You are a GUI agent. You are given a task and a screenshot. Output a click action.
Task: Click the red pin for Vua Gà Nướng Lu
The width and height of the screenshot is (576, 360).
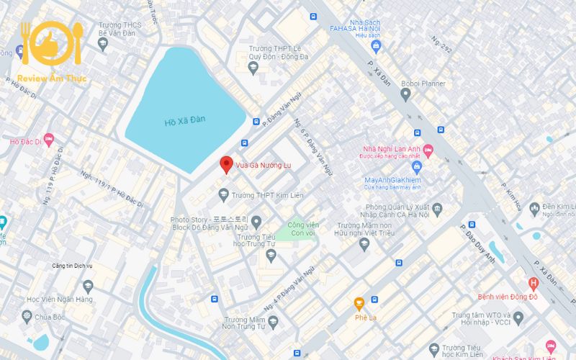click(226, 164)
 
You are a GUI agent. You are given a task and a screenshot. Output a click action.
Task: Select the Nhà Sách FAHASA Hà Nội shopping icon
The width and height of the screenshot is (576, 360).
click(374, 46)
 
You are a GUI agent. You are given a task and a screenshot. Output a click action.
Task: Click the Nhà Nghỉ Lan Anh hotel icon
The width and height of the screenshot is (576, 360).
click(428, 150)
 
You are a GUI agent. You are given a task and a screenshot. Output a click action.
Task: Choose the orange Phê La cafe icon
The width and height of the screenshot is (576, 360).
click(359, 303)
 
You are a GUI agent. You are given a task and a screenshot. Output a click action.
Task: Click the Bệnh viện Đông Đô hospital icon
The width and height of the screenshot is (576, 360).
click(533, 283)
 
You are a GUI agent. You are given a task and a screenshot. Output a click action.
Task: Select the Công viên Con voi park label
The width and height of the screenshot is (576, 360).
click(303, 229)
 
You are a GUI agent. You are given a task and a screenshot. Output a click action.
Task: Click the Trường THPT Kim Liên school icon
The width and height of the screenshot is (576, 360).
click(224, 194)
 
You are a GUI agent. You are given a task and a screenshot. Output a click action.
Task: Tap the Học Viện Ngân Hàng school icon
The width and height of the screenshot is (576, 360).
click(88, 287)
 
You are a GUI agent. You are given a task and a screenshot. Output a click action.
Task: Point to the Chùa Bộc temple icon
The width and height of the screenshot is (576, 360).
click(27, 316)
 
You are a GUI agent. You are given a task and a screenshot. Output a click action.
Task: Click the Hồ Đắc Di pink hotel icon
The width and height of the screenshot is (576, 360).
click(48, 140)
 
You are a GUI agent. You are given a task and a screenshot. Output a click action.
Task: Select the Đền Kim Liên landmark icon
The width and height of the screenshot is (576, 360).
click(534, 209)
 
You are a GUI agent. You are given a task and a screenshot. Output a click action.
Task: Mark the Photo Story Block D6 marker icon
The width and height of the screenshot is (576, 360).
click(256, 220)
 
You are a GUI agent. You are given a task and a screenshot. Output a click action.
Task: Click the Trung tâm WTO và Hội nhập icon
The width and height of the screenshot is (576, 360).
click(518, 318)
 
